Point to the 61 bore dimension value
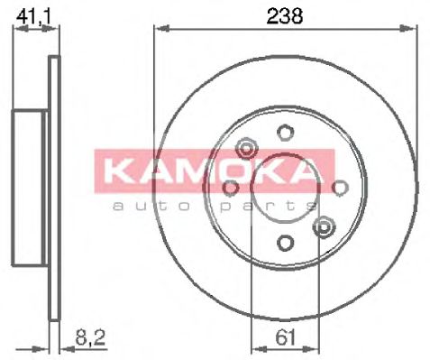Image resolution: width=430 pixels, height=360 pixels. pos(284,340)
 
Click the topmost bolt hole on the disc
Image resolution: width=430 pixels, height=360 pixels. pos(285,133)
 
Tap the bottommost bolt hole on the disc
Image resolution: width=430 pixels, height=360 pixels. pos(285,242)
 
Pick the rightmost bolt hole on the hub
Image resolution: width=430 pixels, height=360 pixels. pos(340,187)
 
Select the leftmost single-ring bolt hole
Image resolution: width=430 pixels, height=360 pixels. pos(231,187)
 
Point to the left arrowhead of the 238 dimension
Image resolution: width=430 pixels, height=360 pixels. pos(159,30)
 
